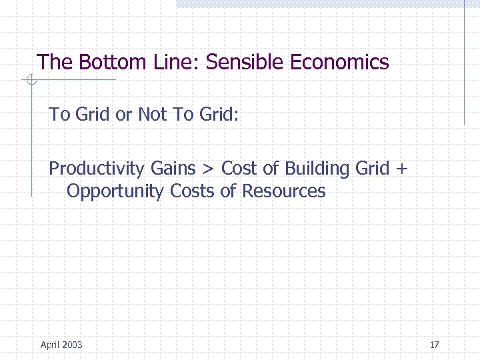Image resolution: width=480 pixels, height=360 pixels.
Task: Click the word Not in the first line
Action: pyautogui.click(x=152, y=115)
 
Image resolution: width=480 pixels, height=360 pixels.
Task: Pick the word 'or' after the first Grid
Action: pyautogui.click(x=123, y=115)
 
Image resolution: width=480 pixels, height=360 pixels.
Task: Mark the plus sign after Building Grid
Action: pyautogui.click(x=400, y=169)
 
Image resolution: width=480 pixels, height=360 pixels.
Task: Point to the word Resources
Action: pyautogui.click(x=283, y=191)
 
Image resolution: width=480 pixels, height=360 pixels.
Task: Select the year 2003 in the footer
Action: pyautogui.click(x=71, y=345)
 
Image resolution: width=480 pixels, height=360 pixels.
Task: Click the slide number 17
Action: pyautogui.click(x=434, y=345)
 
